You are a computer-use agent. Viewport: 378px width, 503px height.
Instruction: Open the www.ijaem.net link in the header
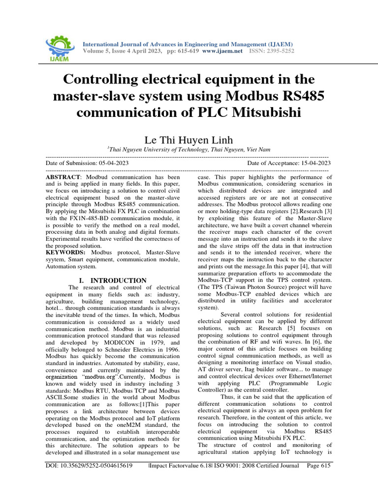click(x=222, y=51)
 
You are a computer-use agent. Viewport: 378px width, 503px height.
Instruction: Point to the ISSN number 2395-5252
click(x=280, y=51)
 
